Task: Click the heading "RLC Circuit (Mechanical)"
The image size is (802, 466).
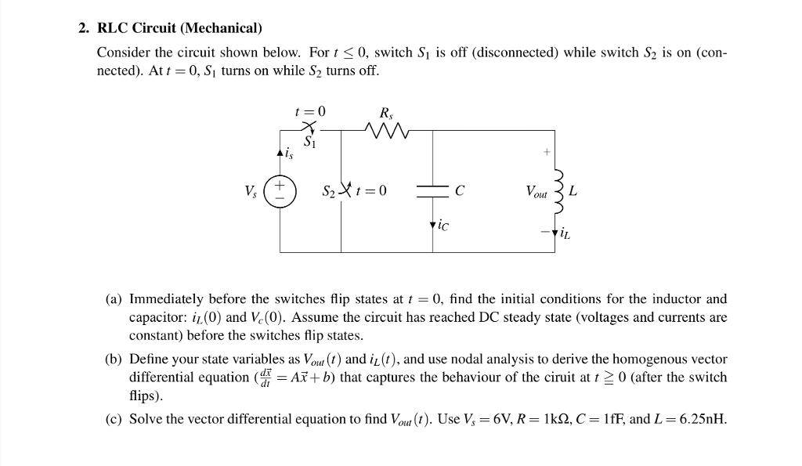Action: pyautogui.click(x=179, y=28)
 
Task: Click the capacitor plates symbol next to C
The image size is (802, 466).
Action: pyautogui.click(x=434, y=190)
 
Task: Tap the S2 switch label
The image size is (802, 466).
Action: pyautogui.click(x=331, y=190)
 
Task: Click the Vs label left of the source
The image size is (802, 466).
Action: pyautogui.click(x=251, y=190)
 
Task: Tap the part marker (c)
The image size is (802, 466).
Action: pyautogui.click(x=114, y=418)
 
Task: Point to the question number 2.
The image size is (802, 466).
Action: pyautogui.click(x=82, y=28)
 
